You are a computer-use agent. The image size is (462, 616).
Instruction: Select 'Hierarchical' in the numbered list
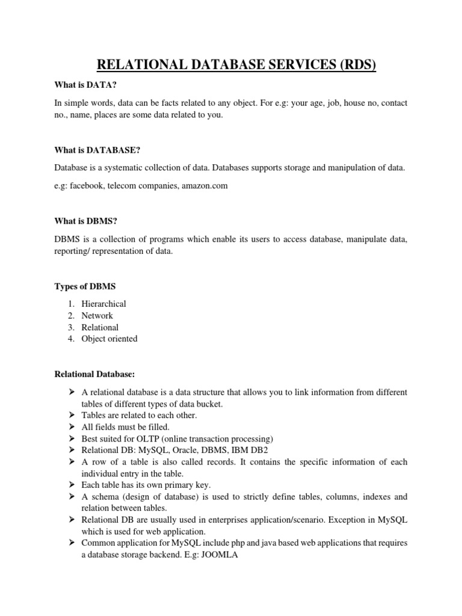pyautogui.click(x=103, y=304)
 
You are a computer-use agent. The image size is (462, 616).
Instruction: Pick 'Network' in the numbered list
pyautogui.click(x=97, y=315)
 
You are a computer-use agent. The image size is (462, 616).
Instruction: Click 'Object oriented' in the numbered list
pyautogui.click(x=109, y=339)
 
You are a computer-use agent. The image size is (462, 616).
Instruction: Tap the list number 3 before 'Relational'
pyautogui.click(x=70, y=327)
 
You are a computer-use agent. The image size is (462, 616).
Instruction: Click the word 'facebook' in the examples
pyautogui.click(x=87, y=186)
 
